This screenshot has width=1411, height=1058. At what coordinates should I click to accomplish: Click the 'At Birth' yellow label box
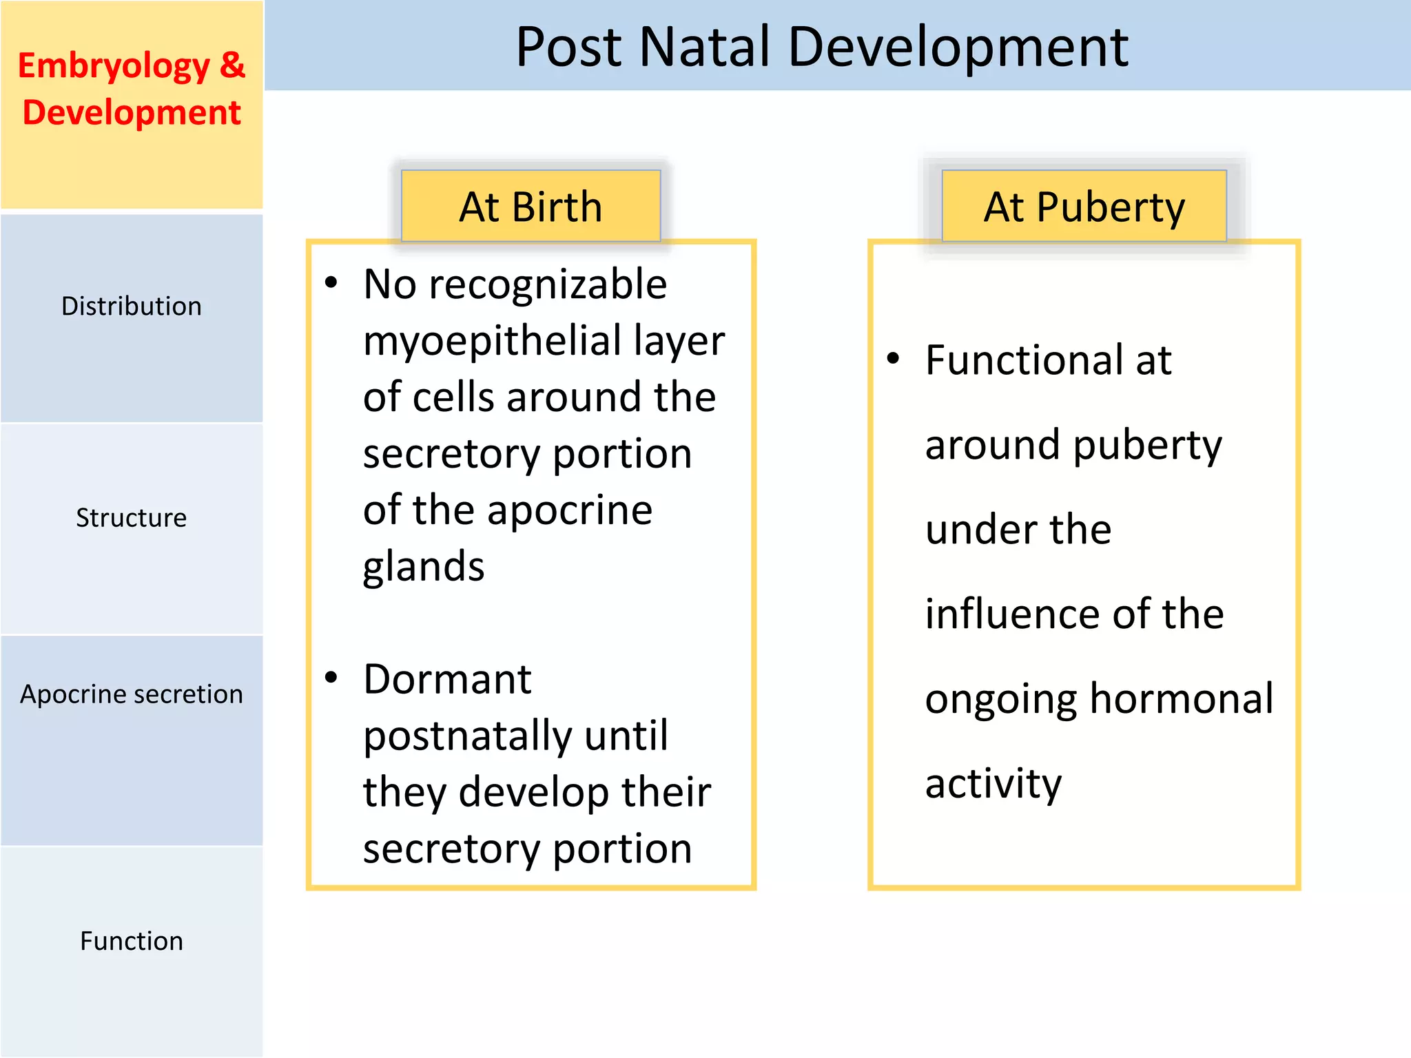pyautogui.click(x=531, y=207)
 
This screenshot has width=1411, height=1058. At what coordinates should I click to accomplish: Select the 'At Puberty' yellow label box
pyautogui.click(x=1084, y=207)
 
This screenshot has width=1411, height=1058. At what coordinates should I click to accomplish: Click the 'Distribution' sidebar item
pyautogui.click(x=131, y=307)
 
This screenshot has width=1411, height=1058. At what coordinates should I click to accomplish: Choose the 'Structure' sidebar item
pyautogui.click(x=131, y=518)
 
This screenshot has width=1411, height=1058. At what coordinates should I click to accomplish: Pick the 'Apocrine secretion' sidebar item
pyautogui.click(x=131, y=694)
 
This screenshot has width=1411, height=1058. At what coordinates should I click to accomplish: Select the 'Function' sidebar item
pyautogui.click(x=131, y=941)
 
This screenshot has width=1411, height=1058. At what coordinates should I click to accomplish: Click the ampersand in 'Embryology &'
pyautogui.click(x=232, y=65)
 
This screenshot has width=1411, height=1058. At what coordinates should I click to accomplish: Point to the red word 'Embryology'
pyautogui.click(x=114, y=67)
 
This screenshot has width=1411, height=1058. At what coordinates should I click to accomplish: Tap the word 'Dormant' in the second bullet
pyautogui.click(x=447, y=680)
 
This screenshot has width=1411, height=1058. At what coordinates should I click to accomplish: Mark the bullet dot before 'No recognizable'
pyautogui.click(x=331, y=282)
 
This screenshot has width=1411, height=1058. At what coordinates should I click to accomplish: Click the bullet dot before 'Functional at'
pyautogui.click(x=894, y=358)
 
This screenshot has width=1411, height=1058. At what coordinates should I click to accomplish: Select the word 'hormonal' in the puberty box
pyautogui.click(x=1182, y=699)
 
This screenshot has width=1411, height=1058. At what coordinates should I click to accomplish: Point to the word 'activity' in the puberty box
pyautogui.click(x=993, y=784)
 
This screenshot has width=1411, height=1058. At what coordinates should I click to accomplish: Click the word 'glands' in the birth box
pyautogui.click(x=424, y=568)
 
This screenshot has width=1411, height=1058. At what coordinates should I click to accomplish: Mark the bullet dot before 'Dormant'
pyautogui.click(x=331, y=678)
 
